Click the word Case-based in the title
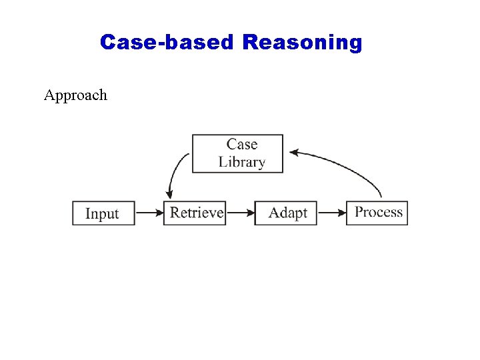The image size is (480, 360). [167, 43]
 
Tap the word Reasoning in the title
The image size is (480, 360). [302, 43]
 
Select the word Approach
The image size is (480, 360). [75, 95]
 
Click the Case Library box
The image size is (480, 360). [237, 153]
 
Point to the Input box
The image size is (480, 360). [103, 213]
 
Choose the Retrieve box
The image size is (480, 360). [195, 213]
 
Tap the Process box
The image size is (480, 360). [377, 213]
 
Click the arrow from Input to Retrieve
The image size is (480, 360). [149, 213]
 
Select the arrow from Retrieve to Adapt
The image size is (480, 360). [240, 213]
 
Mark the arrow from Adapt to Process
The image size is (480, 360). [331, 213]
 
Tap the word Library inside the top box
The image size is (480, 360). [241, 162]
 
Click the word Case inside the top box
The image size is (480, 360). [241, 144]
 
